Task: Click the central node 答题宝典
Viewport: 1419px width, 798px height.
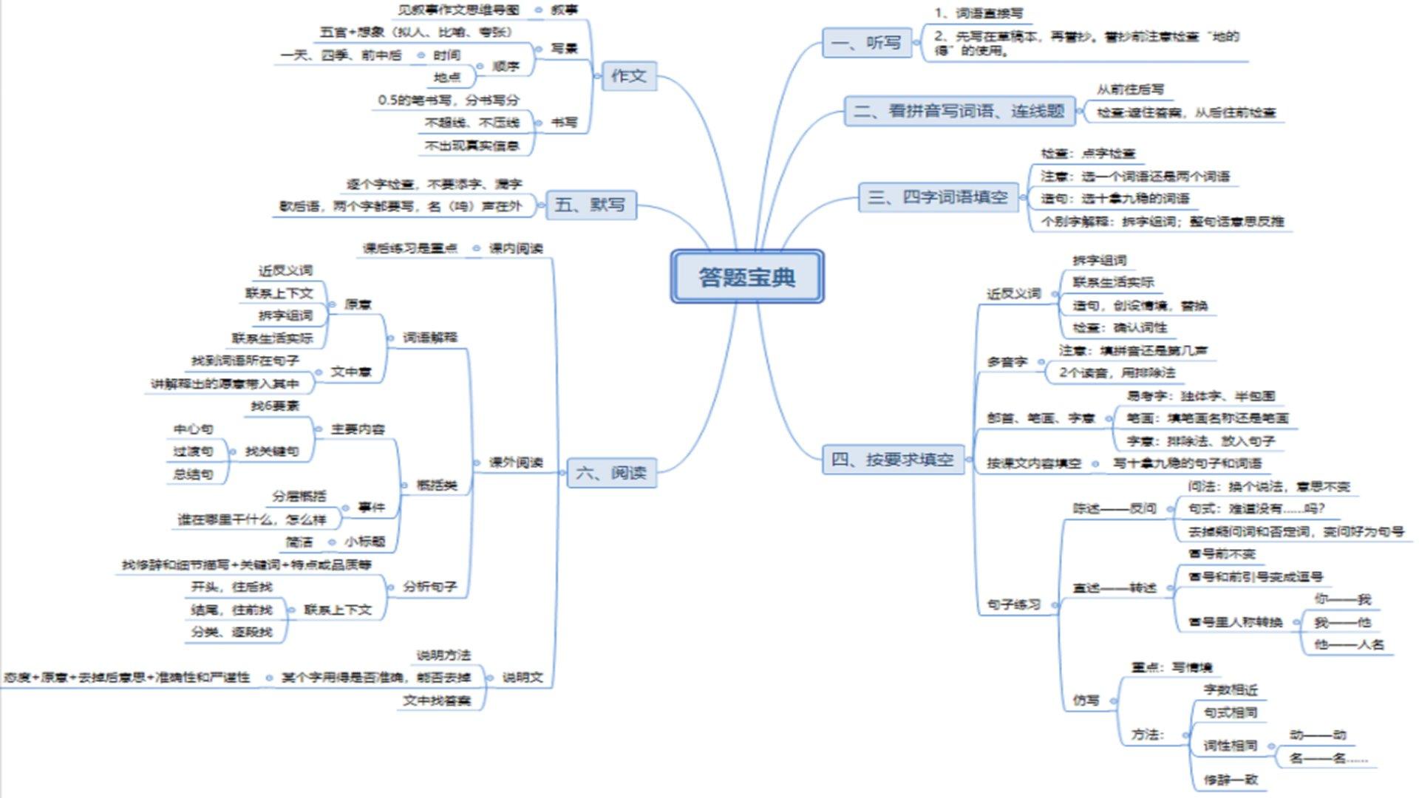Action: point(746,277)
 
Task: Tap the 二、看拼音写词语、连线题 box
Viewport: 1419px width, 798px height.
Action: point(959,111)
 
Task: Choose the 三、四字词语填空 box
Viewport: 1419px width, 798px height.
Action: point(937,197)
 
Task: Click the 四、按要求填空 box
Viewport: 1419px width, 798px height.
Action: point(892,460)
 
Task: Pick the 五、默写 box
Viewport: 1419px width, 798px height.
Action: point(590,205)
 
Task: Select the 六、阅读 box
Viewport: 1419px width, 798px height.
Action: point(610,473)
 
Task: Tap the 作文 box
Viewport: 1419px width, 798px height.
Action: point(628,75)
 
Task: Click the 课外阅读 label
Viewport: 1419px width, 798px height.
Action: point(516,463)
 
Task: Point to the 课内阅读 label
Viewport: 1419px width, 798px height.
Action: point(516,248)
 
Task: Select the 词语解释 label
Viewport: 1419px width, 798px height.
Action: point(429,338)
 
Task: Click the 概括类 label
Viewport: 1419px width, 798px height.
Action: point(436,485)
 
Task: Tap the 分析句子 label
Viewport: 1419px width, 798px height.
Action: point(429,587)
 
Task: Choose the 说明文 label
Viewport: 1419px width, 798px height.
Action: point(523,678)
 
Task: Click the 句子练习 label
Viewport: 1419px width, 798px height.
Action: point(1013,604)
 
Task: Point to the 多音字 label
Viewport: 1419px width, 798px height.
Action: point(1007,362)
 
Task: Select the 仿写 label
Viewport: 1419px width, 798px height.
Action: point(1086,700)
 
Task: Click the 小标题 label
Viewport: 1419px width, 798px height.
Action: point(364,542)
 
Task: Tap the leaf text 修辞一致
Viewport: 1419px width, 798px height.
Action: point(1230,780)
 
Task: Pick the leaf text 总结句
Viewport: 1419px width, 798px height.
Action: point(193,474)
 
